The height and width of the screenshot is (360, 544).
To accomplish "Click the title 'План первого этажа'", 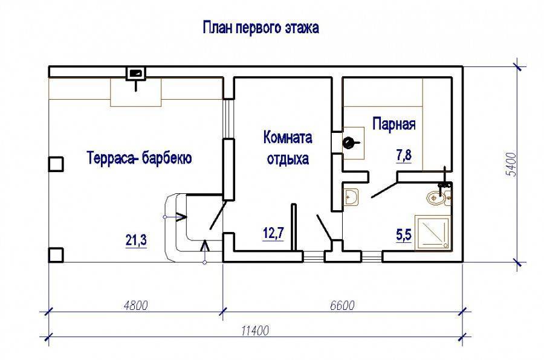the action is tap(261, 28).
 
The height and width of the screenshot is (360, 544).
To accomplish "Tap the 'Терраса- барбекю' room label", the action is tap(139, 158).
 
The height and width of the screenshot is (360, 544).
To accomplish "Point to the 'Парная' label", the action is tap(393, 124).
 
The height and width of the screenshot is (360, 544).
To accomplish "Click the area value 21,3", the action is tap(136, 240).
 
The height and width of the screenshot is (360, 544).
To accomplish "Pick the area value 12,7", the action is tap(273, 233).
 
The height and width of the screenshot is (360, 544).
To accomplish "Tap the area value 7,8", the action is tap(404, 155).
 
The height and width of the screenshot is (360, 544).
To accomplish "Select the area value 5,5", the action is tap(404, 235).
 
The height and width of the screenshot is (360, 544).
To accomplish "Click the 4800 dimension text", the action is tap(135, 305).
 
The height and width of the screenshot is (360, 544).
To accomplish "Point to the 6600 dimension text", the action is tap(342, 305).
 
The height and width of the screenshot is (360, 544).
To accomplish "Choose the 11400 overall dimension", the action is tap(255, 331).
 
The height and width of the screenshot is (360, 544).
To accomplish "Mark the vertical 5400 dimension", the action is tap(511, 164).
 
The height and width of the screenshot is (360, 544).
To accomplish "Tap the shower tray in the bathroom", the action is tap(433, 233).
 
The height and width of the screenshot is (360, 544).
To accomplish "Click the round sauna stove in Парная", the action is tap(348, 143).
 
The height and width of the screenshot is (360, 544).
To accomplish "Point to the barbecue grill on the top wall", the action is tap(135, 73).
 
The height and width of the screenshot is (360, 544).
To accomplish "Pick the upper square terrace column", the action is tap(56, 164).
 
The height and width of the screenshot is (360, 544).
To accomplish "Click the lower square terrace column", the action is tap(56, 255).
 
